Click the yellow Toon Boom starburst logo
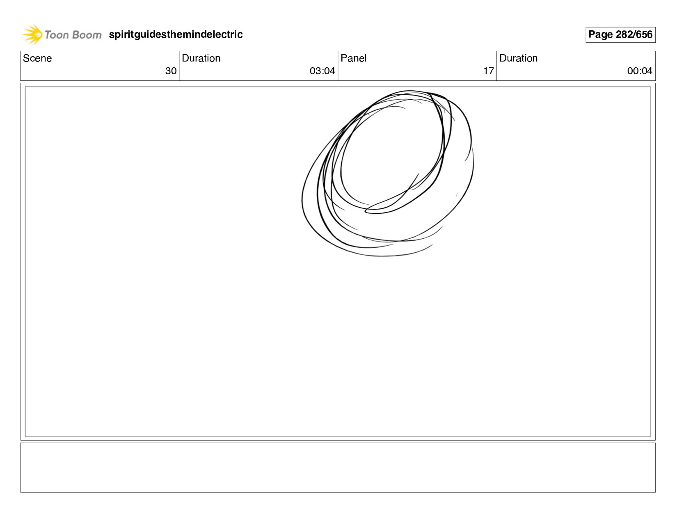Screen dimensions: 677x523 coord(32,34)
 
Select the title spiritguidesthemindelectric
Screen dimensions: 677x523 coord(176,34)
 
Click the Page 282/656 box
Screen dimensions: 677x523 coord(620,34)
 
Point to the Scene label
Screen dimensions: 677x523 coord(37,58)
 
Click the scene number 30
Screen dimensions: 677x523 coord(171,71)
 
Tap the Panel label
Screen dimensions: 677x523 coord(353,58)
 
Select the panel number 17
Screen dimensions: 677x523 coord(488,71)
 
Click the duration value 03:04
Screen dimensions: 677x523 coord(322,71)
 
